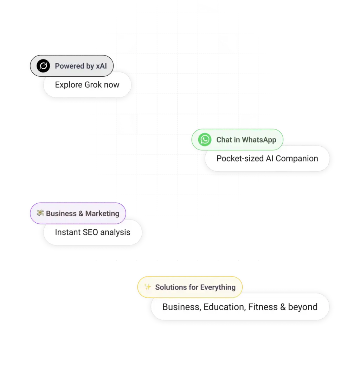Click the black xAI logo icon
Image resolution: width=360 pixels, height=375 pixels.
43,66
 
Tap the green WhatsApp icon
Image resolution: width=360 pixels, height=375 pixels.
205,139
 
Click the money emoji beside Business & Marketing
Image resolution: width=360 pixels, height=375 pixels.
40,212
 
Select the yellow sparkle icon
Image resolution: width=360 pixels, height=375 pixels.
148,286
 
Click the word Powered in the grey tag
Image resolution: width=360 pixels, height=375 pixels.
70,66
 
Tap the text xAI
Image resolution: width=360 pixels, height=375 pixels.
101,66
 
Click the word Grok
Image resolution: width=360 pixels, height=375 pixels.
93,85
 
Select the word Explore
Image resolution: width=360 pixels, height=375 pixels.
69,85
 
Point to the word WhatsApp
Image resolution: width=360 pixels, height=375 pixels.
259,140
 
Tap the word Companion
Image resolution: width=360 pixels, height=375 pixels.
297,159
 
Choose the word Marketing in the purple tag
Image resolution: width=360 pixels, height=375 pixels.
102,214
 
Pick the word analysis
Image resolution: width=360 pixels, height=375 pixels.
115,233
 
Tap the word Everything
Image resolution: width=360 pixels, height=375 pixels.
218,287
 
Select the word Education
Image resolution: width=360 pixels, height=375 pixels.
225,307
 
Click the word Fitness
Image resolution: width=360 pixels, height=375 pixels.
263,307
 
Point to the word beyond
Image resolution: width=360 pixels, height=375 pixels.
303,307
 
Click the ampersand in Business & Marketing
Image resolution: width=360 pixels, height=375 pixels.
81,214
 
